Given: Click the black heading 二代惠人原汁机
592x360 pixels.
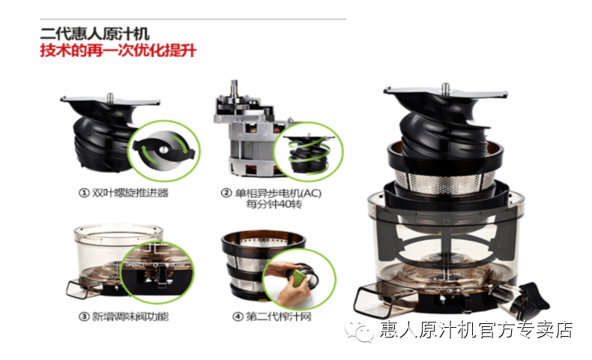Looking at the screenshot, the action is point(94,34).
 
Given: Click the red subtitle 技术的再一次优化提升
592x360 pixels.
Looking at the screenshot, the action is point(118,50).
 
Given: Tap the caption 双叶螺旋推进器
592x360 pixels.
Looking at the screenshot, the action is point(130,193).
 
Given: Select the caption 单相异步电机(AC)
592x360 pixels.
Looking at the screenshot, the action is point(278,193).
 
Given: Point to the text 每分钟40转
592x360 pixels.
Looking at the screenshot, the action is point(274,204).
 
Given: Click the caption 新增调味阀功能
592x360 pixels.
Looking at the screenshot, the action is point(130,316).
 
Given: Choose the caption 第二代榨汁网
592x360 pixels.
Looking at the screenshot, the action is point(279,316).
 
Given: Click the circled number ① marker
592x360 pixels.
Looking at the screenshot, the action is point(83,193).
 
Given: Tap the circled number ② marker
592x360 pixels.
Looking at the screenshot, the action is point(226,193).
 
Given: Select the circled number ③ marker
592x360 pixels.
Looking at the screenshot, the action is point(83,316).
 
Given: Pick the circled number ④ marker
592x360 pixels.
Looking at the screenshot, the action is point(238,316).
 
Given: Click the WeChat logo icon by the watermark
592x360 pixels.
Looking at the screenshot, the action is point(359,331).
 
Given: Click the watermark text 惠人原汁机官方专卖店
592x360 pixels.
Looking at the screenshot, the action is point(477,330).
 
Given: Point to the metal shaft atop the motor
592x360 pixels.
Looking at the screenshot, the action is point(234,88).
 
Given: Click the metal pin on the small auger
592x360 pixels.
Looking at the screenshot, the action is point(110,97).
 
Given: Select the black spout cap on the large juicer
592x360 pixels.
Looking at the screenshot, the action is point(536,295).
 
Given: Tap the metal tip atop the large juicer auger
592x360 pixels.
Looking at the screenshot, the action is point(446,88).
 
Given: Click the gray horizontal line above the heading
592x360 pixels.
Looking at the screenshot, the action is point(193,19).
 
